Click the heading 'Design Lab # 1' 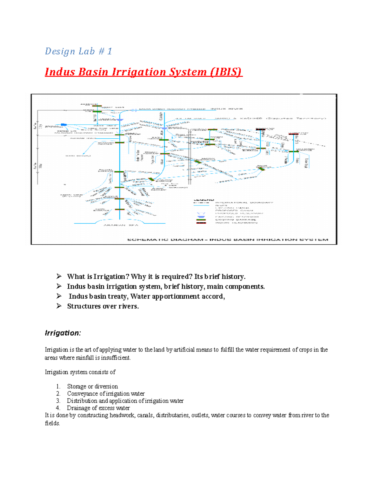78,51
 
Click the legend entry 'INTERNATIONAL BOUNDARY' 244,203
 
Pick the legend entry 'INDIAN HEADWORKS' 236,223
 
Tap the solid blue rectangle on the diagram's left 64,125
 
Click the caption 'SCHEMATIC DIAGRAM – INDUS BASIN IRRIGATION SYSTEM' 228,240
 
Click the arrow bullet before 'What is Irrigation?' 59,276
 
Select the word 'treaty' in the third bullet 117,296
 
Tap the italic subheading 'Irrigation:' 63,333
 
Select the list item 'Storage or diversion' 92,386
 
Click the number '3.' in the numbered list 58,401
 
